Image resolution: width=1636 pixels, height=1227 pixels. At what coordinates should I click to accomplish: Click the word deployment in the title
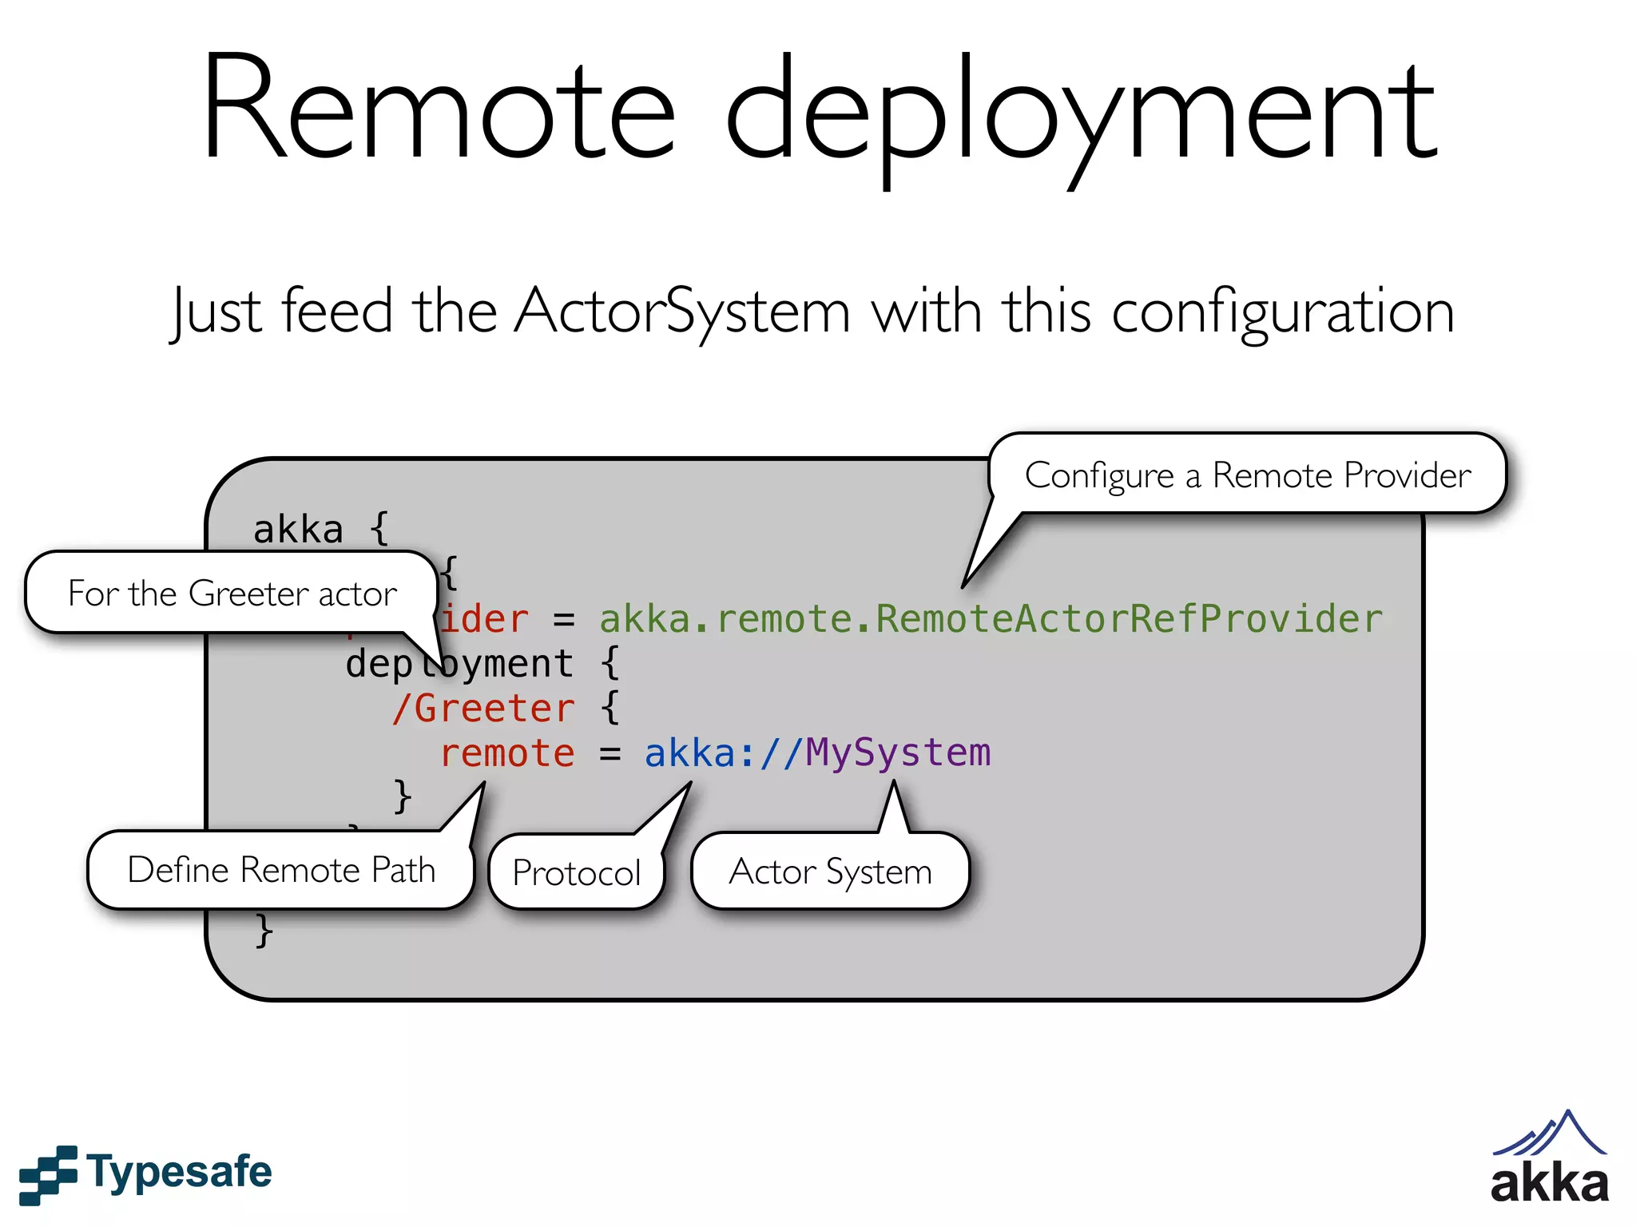[1082, 116]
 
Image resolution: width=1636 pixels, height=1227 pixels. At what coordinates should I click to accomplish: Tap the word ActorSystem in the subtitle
[682, 312]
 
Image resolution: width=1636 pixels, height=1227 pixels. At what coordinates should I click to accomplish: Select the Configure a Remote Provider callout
[1247, 475]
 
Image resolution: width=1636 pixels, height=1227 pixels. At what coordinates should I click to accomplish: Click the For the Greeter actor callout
[232, 594]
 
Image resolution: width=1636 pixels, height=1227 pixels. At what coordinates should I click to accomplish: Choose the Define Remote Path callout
[281, 870]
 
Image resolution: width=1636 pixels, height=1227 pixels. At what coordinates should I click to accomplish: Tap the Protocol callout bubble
[576, 872]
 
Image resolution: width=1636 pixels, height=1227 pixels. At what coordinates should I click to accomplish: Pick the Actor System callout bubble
[830, 872]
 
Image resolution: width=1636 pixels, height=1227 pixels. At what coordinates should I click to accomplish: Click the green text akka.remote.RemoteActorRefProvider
[991, 619]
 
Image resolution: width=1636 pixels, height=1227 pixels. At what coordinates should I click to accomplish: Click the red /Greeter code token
[482, 709]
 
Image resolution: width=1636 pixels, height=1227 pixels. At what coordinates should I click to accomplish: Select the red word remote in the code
[507, 753]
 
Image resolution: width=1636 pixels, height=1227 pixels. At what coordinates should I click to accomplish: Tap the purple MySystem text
[897, 753]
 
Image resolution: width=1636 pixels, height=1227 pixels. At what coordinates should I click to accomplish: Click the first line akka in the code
[298, 530]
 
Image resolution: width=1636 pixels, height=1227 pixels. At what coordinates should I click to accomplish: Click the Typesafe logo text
[179, 1173]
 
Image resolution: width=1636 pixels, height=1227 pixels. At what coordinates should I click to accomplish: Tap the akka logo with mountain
[1549, 1158]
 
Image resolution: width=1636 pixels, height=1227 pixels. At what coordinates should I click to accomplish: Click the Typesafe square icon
[48, 1174]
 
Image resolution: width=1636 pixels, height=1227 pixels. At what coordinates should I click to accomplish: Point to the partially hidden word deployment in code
[459, 664]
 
